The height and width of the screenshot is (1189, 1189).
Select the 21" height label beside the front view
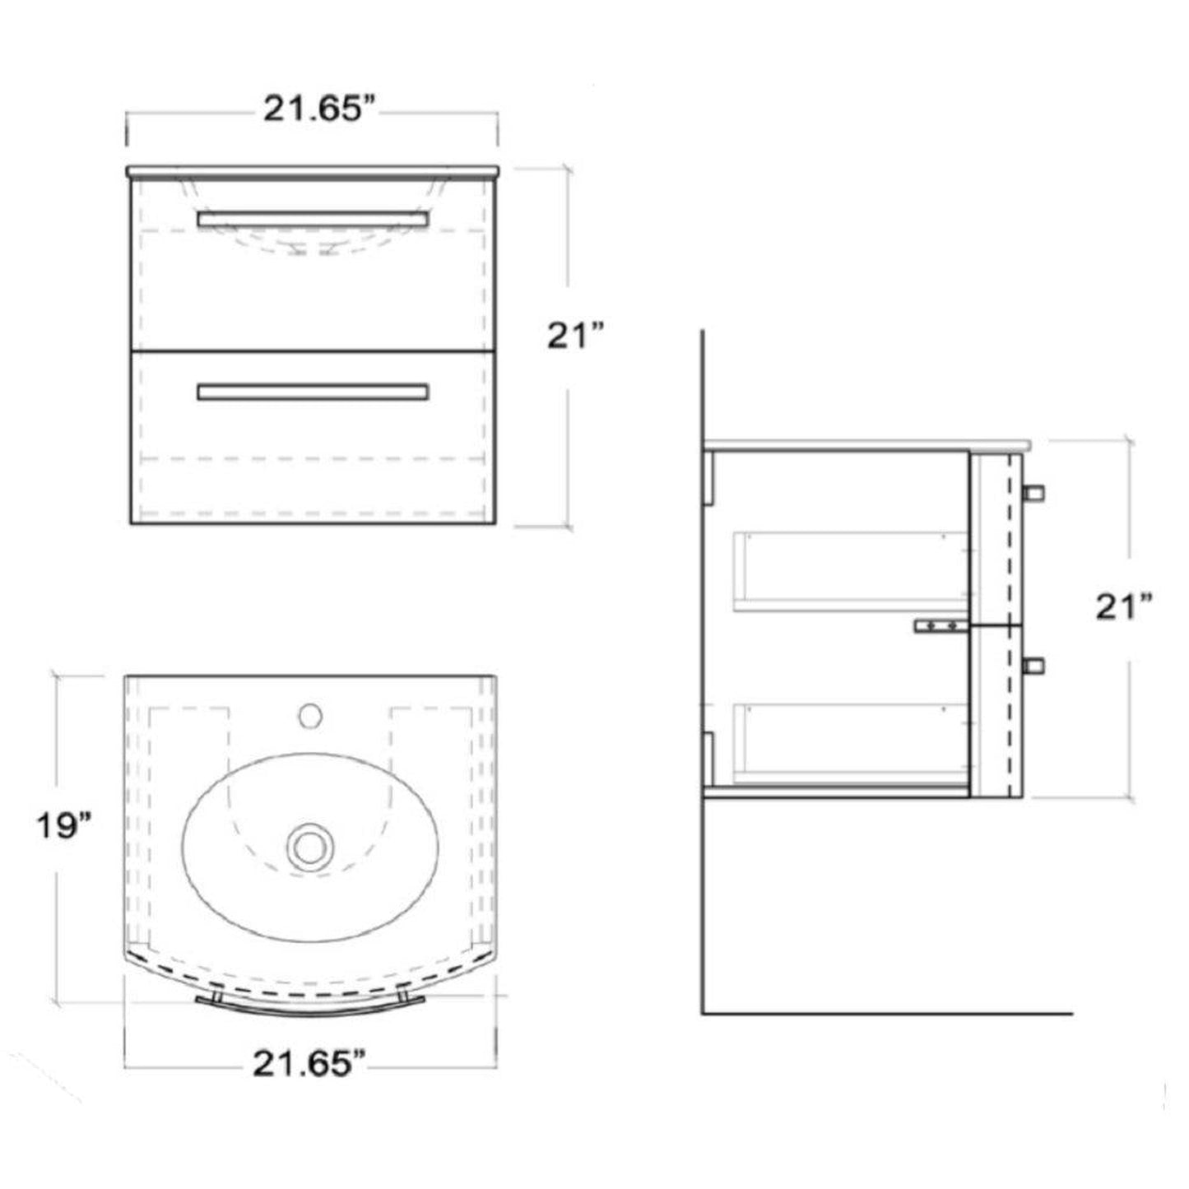point(576,336)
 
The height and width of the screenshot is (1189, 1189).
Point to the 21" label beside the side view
point(1122,607)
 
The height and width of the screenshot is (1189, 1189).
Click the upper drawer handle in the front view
point(313,218)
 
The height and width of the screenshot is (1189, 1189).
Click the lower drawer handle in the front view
point(313,392)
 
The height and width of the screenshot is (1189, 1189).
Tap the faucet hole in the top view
point(310,714)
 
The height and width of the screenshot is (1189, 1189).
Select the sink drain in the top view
point(309,845)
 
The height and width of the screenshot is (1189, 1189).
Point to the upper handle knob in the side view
point(1033,492)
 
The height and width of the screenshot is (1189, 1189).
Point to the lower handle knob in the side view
point(1033,665)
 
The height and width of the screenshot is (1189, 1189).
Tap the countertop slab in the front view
point(313,171)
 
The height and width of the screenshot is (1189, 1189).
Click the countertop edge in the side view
point(864,444)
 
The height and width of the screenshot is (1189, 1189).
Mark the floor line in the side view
point(889,1012)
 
